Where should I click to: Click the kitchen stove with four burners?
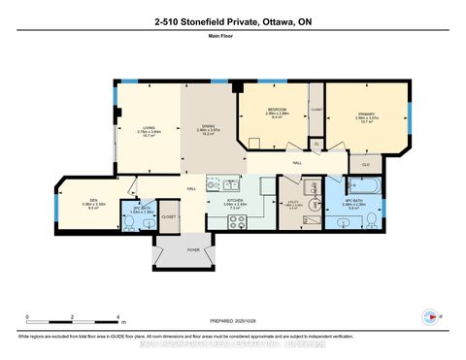(x=235, y=220)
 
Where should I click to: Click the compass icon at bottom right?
(x=431, y=316)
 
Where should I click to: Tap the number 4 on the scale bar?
(x=117, y=317)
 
